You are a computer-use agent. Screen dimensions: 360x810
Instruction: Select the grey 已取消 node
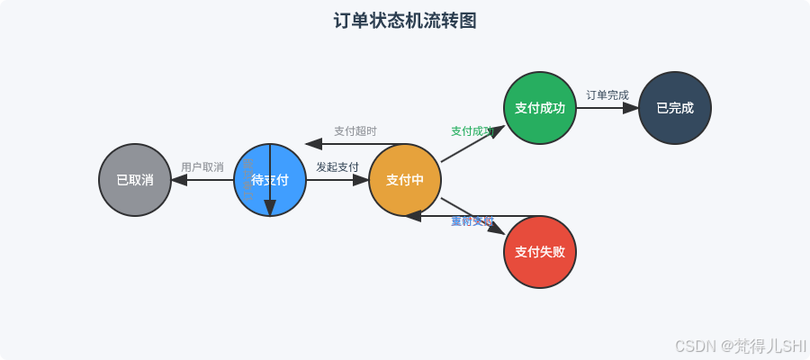click(135, 180)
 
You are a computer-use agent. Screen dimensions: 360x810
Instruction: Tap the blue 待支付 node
click(270, 180)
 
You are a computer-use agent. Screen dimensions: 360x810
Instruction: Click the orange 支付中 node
click(405, 180)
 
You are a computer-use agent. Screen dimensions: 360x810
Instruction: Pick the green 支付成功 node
click(540, 108)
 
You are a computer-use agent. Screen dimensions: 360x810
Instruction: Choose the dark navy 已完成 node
click(675, 108)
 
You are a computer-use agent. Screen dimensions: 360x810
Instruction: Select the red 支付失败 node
click(540, 252)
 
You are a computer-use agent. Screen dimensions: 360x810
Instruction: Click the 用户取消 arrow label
click(202, 167)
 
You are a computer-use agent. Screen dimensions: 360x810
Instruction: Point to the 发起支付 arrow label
click(337, 167)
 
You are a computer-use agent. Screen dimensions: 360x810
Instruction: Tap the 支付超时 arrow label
click(355, 131)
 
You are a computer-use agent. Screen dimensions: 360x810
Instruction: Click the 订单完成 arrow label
click(607, 95)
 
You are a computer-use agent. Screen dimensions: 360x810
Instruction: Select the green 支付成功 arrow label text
click(472, 131)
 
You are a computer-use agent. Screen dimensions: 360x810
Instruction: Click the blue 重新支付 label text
click(472, 221)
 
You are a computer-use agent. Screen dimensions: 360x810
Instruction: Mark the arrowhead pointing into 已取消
click(178, 180)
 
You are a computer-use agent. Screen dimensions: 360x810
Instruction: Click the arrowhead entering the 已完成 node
click(632, 108)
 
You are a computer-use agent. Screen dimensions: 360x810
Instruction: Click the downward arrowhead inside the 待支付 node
click(270, 210)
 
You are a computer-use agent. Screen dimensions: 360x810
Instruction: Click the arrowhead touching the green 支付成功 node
click(498, 130)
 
